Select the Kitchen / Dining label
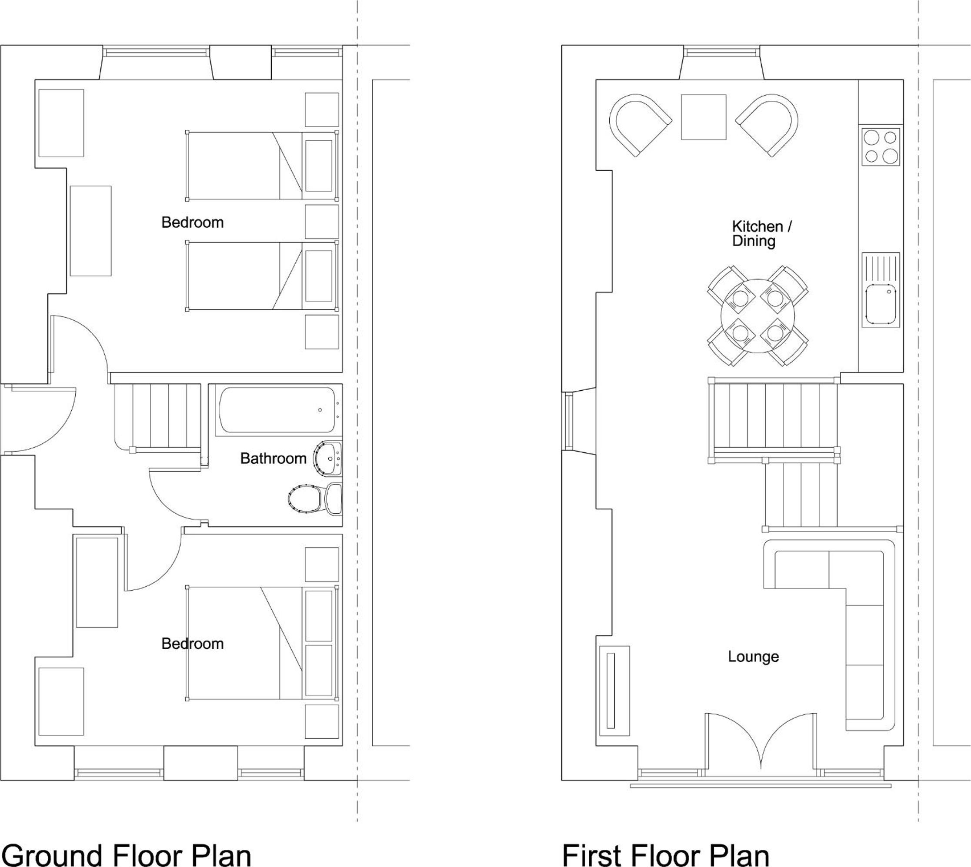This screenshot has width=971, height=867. (762, 233)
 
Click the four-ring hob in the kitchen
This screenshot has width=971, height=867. (881, 146)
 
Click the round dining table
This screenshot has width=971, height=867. (758, 316)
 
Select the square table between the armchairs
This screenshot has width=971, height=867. (703, 117)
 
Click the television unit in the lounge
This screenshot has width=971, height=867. (613, 687)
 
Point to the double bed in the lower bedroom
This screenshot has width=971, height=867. (262, 643)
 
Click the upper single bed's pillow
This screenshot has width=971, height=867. (318, 165)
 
